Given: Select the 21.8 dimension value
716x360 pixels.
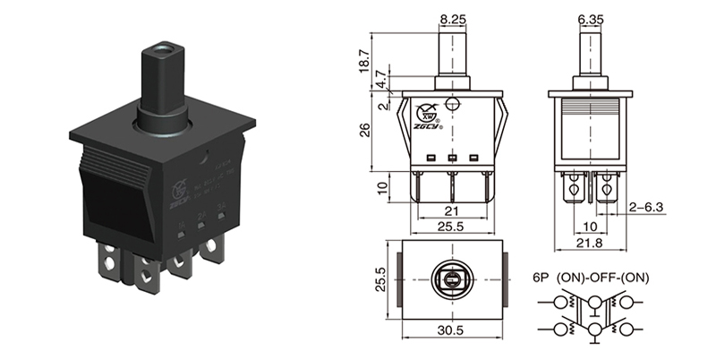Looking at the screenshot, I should click(590, 244).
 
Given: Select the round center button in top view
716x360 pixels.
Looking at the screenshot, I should click(452, 283).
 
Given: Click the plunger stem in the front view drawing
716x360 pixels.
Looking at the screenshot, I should click(452, 54).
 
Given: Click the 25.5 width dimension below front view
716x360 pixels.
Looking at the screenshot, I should click(452, 227).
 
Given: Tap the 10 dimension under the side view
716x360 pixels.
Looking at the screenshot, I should click(591, 227).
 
